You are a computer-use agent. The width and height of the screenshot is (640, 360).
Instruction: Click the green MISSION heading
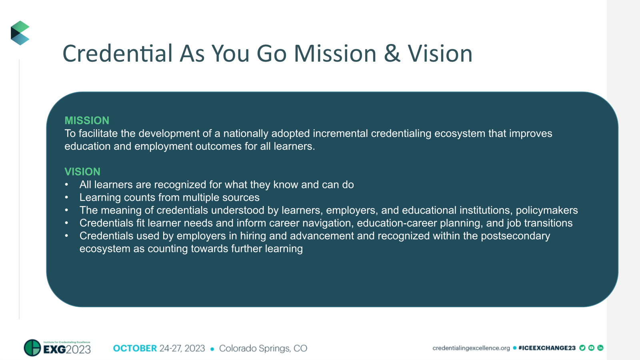[x=87, y=120]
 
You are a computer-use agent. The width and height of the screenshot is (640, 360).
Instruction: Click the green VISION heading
[x=82, y=172]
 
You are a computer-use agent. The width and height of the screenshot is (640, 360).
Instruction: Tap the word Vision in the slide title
[x=440, y=54]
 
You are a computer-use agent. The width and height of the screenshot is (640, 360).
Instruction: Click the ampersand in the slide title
[x=392, y=54]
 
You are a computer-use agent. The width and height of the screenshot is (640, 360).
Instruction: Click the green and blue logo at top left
[x=20, y=33]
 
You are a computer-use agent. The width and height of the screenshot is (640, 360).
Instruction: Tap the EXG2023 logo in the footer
[x=58, y=348]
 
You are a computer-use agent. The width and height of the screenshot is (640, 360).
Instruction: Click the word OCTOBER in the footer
[x=135, y=348]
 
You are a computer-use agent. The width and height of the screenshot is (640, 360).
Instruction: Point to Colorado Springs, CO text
[x=263, y=348]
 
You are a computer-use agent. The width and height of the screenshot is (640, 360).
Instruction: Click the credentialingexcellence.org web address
[x=471, y=348]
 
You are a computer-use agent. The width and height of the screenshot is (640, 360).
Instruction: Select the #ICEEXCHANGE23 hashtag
[x=547, y=348]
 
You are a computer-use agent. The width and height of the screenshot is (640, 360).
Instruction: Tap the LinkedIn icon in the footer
[x=600, y=348]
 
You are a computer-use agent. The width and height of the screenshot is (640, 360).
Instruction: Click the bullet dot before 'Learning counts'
[x=67, y=198]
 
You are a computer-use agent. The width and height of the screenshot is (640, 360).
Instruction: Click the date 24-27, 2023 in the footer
[x=182, y=348]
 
